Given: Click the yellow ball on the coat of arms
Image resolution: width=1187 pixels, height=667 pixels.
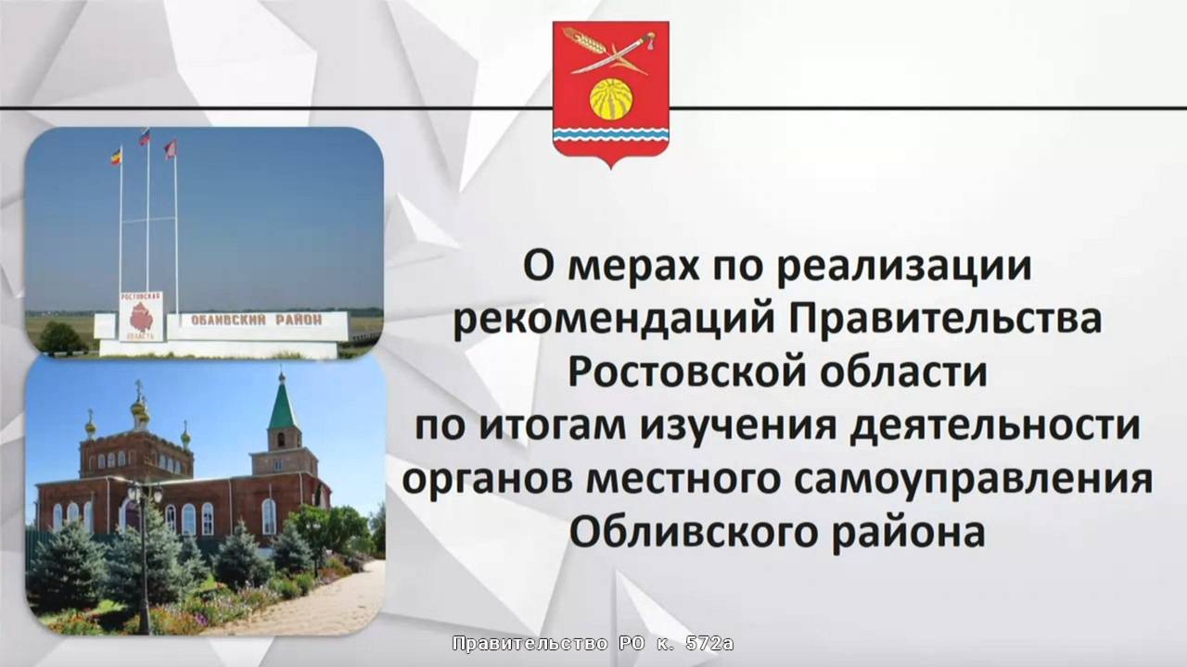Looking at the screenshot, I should [611, 100].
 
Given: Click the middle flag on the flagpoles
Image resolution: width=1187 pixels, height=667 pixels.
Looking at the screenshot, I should [145, 136].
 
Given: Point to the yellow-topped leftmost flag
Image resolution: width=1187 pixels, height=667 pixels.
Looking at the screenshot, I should [116, 155].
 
